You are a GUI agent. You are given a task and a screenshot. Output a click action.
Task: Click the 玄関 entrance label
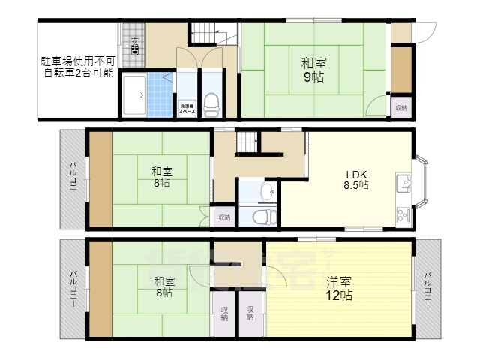coord(135,46)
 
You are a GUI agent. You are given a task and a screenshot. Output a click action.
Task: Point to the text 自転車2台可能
coord(77,73)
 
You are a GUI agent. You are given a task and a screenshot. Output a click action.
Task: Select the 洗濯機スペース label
coord(187,108)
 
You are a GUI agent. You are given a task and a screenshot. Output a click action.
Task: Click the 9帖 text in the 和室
coord(313,76)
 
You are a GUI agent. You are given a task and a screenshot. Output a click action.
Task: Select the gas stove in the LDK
coord(401,213)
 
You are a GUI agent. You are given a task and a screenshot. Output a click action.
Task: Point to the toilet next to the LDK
coord(262,217)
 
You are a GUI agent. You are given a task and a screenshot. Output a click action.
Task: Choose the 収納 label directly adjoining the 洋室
coord(250,313)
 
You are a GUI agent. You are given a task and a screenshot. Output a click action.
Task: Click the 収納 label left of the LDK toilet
coord(224,217)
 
